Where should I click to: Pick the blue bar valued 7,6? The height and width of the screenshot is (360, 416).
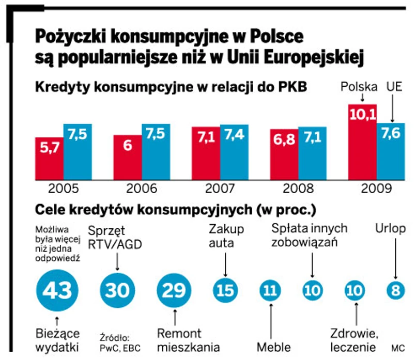tap(391, 151)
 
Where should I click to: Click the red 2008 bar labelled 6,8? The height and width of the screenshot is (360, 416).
tap(284, 154)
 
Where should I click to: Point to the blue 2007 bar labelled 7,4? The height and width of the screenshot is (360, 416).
tap(234, 152)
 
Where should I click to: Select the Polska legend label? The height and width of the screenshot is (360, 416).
tap(359, 87)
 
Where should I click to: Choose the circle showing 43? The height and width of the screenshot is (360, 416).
tap(57, 291)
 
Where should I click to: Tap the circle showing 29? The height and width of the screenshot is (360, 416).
tap(175, 291)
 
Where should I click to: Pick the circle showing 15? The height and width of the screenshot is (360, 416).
tap(226, 291)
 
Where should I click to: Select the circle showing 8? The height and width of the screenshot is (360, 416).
tap(396, 291)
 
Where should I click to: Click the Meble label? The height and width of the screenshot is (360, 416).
tap(273, 347)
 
